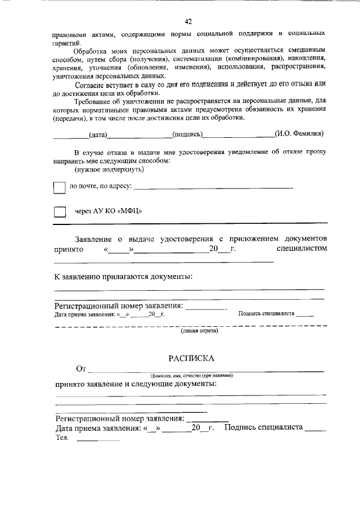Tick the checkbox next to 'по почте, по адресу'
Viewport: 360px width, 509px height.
click(x=59, y=187)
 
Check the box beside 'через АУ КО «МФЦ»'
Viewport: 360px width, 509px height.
click(x=59, y=212)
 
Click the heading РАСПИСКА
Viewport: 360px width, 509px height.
click(x=191, y=358)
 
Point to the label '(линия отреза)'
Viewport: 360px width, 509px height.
click(x=199, y=331)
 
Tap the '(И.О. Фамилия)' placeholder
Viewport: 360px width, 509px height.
click(x=299, y=134)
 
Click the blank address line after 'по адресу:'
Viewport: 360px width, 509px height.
click(x=214, y=187)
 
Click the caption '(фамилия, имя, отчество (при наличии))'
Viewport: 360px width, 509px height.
click(x=191, y=375)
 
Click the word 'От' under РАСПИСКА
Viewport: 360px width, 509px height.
click(x=81, y=369)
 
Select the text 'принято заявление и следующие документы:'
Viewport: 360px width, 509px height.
click(x=136, y=384)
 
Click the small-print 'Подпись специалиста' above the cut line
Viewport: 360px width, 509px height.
click(x=267, y=313)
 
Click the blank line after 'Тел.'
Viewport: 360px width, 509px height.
click(x=98, y=439)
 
